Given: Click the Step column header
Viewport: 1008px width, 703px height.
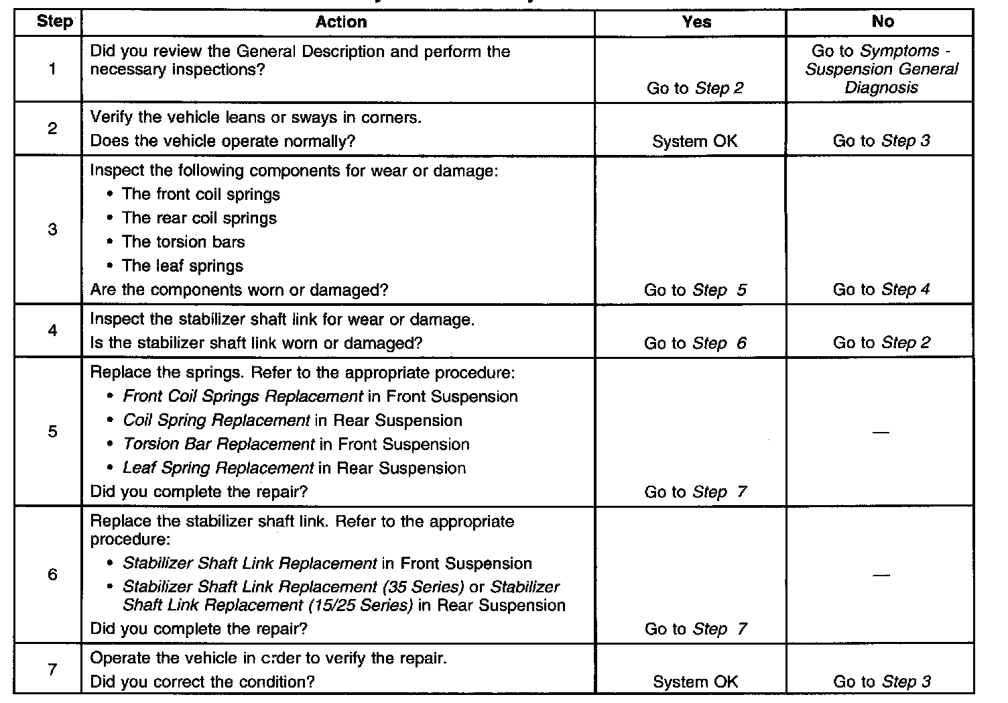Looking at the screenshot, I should point(54,21).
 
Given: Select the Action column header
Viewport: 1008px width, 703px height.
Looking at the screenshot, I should point(341,22).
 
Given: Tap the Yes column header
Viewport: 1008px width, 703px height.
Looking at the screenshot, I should point(696,22).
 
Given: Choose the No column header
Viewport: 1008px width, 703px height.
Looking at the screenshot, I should point(882,22).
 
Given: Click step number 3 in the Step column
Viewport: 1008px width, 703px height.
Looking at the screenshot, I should point(52,229).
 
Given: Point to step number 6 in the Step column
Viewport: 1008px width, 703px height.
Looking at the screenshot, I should point(52,574).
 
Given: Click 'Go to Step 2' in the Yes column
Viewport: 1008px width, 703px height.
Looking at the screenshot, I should point(695,88).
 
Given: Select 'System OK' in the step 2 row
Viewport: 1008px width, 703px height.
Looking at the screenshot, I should point(694,141).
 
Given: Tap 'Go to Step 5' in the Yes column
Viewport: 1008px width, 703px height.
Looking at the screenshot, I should point(695,290).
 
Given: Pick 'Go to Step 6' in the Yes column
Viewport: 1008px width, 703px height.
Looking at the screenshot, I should point(695,343).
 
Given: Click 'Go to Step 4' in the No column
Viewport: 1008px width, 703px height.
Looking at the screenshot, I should point(881,290).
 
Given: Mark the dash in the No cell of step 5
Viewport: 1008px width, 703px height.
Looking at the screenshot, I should point(881,433).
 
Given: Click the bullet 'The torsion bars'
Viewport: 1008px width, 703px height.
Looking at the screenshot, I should point(183,242).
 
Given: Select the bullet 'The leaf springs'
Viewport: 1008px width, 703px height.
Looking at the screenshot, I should point(182,266).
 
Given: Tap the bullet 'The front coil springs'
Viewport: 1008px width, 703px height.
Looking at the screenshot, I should point(200,195).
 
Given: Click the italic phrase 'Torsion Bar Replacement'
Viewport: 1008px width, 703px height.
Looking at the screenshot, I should point(218,444).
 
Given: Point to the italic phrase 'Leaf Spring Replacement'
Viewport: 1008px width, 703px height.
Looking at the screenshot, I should point(218,468).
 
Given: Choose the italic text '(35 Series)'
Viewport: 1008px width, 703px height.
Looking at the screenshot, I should point(424,587).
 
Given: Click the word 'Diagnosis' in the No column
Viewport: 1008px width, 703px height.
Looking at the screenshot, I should point(881,87).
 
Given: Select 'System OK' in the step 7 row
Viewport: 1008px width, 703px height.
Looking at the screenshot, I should point(695,682).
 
